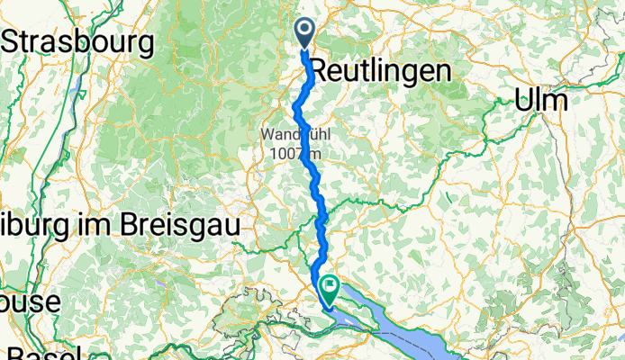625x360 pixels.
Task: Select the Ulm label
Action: pos(541,101)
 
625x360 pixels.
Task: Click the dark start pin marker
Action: pos(305,33)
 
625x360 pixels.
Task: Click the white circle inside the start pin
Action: pos(305,31)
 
